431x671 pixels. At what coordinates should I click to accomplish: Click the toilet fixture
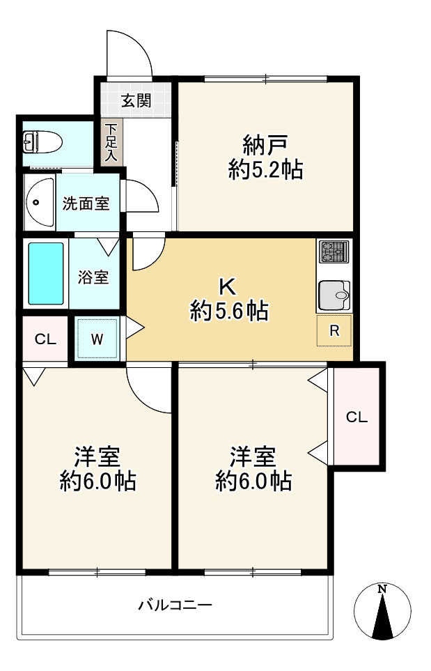tap(41, 143)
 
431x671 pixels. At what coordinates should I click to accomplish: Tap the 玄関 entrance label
tap(136, 101)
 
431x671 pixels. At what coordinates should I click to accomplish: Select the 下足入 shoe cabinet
tap(111, 143)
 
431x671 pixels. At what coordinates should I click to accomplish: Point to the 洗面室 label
tap(86, 204)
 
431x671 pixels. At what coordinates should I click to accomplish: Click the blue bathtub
tap(46, 274)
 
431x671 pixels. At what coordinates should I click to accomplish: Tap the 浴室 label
tap(93, 277)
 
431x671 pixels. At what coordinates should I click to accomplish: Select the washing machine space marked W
tap(97, 339)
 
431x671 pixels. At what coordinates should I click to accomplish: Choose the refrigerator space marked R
tap(335, 331)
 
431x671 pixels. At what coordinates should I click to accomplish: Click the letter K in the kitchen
tap(227, 286)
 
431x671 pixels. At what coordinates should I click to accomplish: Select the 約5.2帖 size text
tap(266, 170)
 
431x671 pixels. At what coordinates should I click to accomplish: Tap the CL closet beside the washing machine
tap(45, 340)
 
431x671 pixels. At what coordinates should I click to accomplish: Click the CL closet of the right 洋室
tap(356, 417)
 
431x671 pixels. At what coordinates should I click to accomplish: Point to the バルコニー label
tap(175, 605)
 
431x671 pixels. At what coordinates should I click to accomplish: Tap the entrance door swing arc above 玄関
tap(130, 52)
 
